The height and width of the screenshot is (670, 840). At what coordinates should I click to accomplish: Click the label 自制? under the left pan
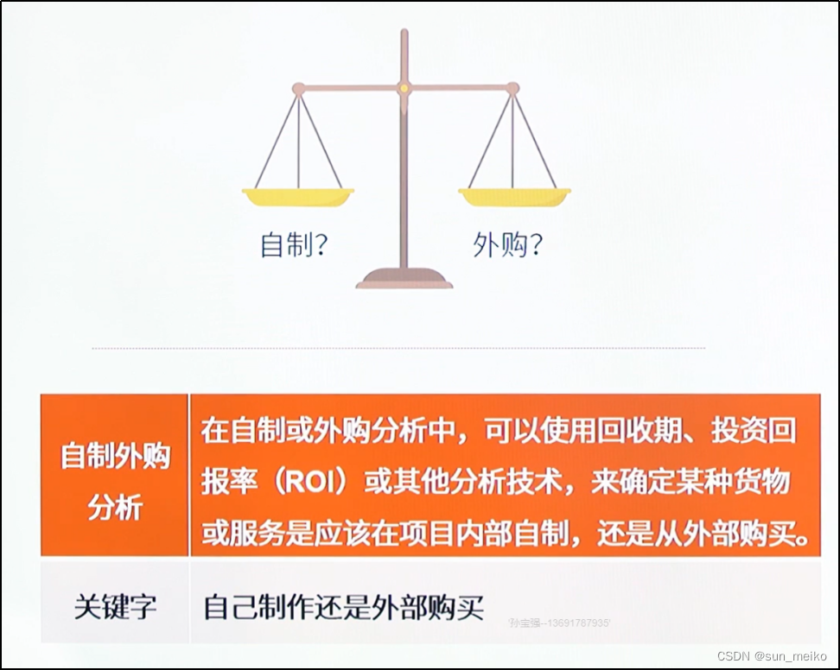point(294,245)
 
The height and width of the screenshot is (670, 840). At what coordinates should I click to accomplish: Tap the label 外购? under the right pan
point(508,245)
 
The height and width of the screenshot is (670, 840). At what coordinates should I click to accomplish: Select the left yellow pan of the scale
point(299,197)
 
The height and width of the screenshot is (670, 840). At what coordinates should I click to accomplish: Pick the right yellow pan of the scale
point(514,197)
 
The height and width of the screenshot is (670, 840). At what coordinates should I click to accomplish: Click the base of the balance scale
point(404,278)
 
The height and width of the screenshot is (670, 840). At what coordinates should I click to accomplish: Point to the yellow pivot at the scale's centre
point(404,87)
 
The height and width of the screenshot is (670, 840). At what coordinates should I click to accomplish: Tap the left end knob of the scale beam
point(298,88)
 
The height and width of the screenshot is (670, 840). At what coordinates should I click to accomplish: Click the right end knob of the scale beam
point(512,88)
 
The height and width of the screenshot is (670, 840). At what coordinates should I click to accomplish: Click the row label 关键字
point(115,607)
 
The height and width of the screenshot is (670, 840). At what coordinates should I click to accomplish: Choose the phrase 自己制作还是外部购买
point(341,607)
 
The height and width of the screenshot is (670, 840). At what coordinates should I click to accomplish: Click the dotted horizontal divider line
point(398,348)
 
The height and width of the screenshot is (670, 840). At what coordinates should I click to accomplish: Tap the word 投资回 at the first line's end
point(754,430)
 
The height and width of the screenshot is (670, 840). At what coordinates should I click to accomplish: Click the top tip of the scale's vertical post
point(404,33)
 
